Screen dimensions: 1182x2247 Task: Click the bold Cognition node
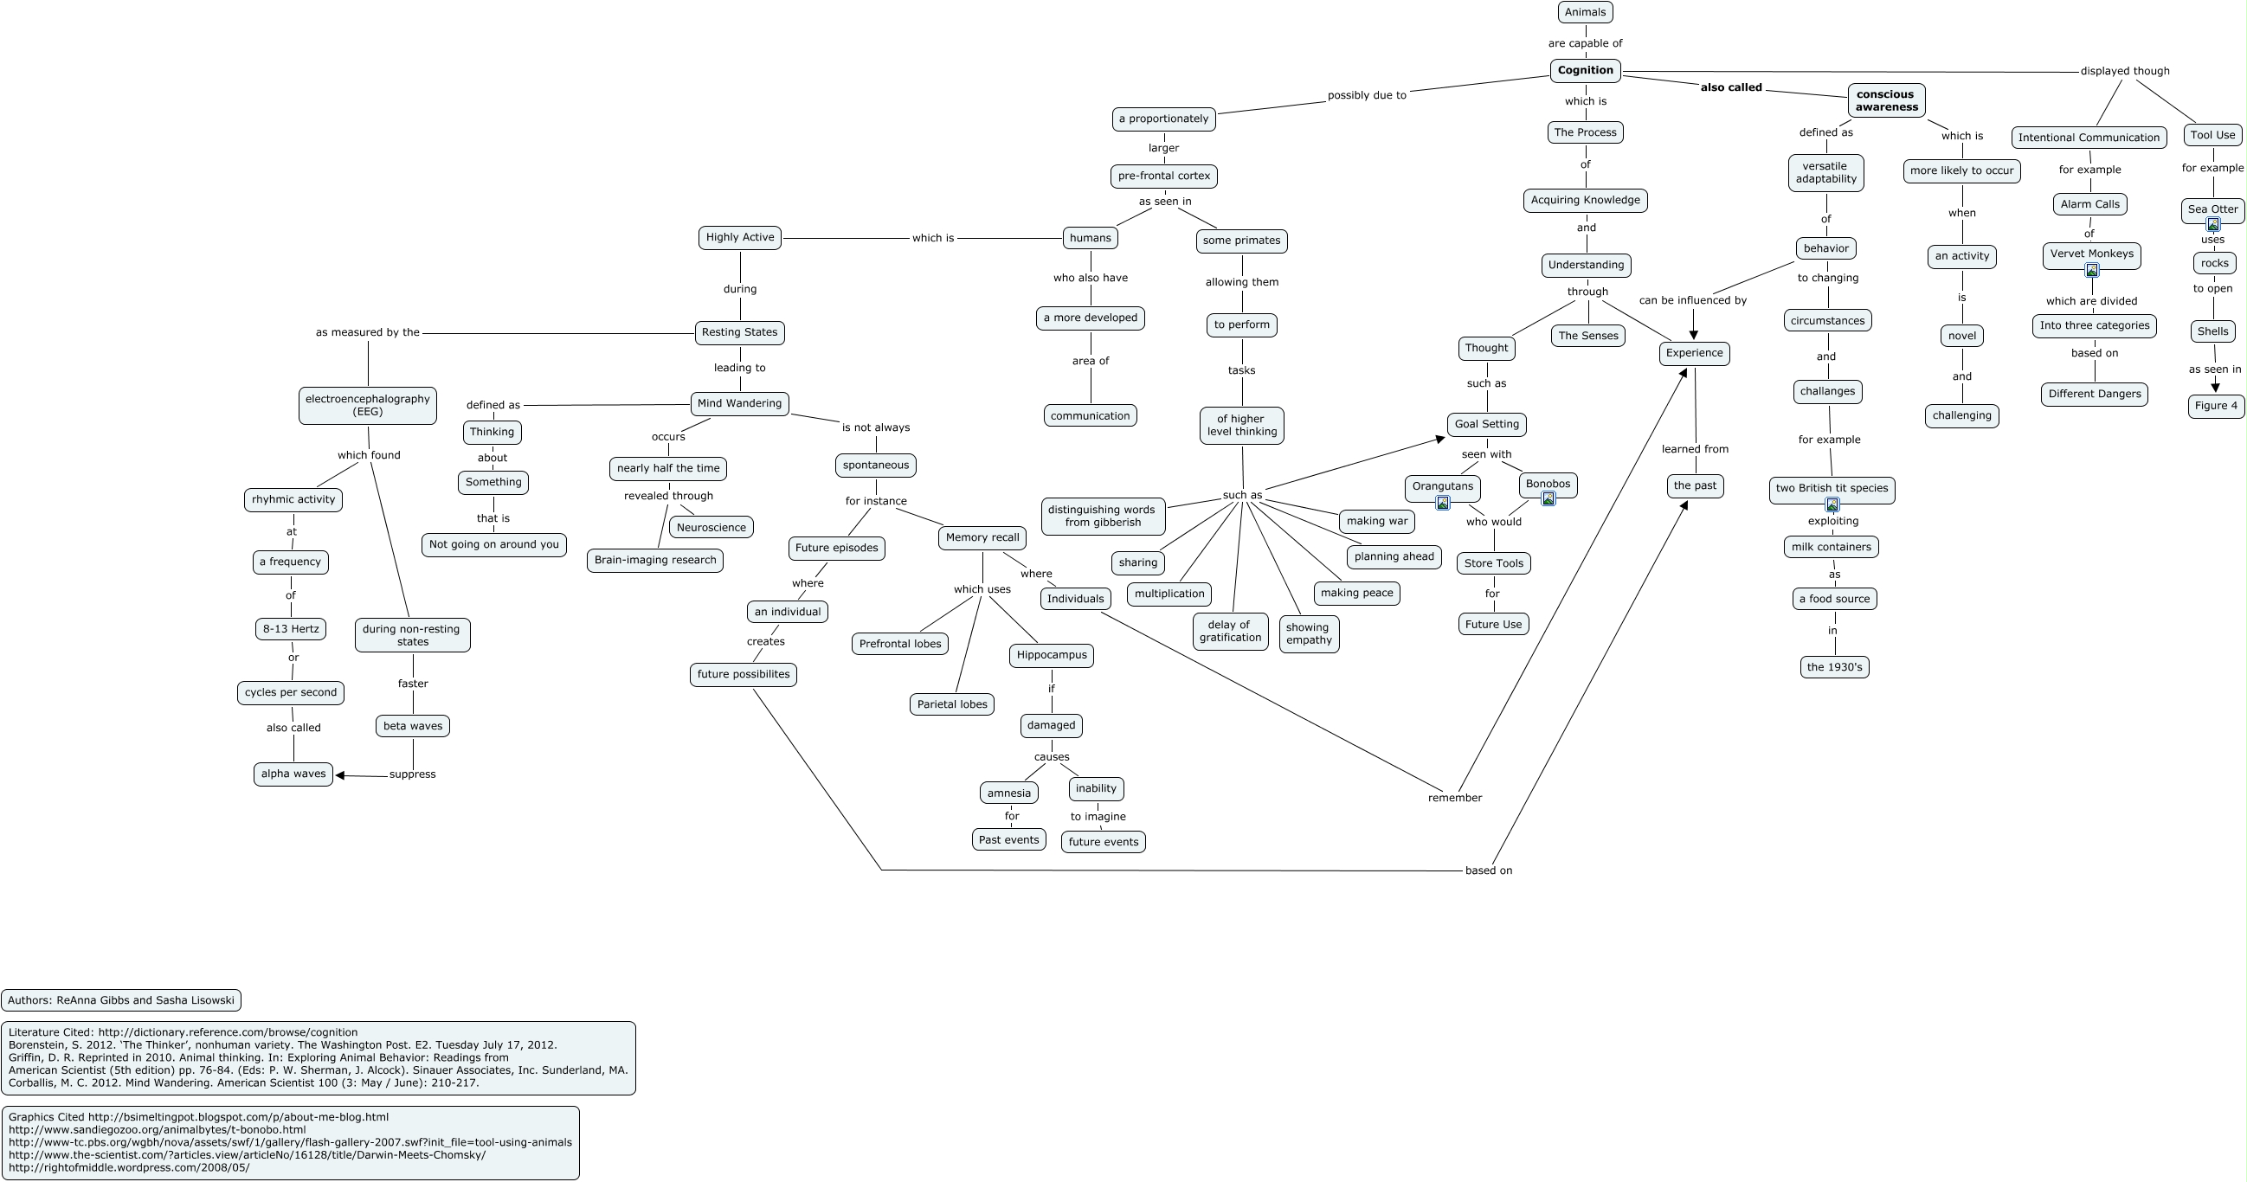(1585, 71)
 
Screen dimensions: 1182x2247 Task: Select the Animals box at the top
(1585, 12)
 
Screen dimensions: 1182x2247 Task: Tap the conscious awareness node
(1886, 100)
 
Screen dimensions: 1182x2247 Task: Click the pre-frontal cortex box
(1163, 177)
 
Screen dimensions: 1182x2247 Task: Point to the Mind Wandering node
(740, 404)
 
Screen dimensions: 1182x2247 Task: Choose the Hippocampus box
(1051, 655)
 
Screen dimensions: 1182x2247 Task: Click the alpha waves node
(293, 774)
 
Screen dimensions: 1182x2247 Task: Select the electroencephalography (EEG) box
(367, 406)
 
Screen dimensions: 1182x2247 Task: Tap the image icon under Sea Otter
(2213, 224)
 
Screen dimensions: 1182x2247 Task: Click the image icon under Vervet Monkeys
(2092, 271)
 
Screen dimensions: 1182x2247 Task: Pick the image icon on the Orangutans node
(1443, 503)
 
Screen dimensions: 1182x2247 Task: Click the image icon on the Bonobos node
(1548, 499)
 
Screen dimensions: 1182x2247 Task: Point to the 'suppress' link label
(413, 774)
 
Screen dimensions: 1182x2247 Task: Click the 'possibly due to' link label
(1366, 96)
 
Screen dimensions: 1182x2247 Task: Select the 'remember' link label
(1454, 798)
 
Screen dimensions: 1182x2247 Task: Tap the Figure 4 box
(2216, 406)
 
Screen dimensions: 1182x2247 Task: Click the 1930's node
(1834, 667)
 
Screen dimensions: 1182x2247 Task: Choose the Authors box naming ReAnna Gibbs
(121, 1000)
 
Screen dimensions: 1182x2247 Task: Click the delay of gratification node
(1230, 632)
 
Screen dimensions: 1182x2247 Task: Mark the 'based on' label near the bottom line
(1488, 870)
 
